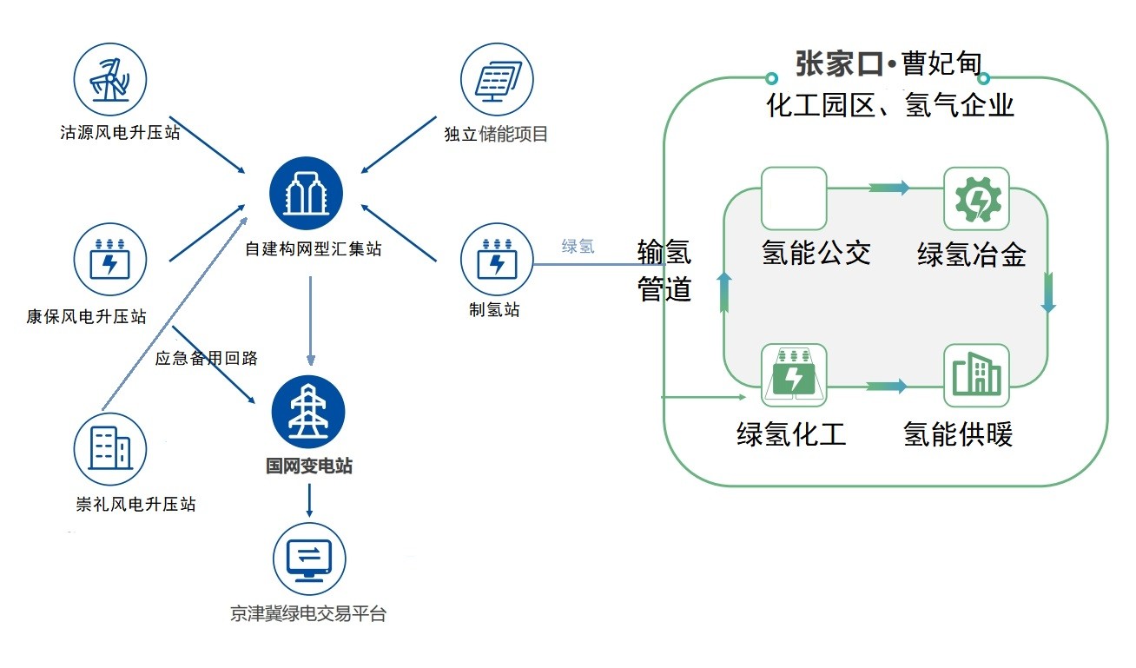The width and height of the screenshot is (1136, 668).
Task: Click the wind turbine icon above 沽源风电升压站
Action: coord(109,79)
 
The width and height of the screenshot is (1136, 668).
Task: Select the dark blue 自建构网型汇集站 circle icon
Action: coord(306,195)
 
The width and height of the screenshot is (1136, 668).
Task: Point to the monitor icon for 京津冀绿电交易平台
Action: coord(310,558)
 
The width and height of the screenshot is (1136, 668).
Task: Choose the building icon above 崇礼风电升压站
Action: coord(110,448)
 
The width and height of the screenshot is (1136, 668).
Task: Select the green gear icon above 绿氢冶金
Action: coord(976,199)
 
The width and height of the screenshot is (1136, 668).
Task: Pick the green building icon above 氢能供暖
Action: coord(976,375)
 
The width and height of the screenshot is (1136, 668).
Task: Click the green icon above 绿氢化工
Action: coord(793,375)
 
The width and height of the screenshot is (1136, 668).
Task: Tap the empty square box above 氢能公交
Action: coord(793,199)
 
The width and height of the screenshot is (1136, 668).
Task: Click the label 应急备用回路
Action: coord(206,358)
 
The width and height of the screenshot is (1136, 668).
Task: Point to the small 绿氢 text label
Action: coord(578,246)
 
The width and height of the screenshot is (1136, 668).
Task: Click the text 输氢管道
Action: coord(664,270)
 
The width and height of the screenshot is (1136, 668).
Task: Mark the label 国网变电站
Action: coord(309,466)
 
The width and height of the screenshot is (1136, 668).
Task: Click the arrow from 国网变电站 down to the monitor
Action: coord(309,502)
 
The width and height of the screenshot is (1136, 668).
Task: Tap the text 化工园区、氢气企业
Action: coord(889,106)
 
